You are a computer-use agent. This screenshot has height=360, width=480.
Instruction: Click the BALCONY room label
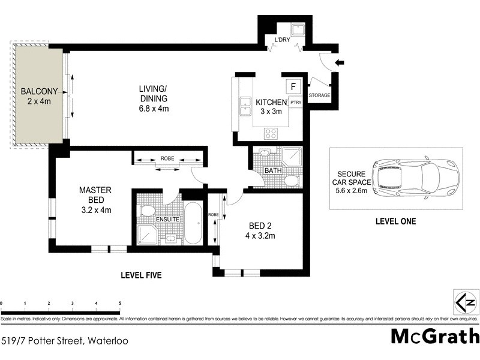point(39,92)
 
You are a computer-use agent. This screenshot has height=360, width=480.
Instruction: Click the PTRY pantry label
point(296,103)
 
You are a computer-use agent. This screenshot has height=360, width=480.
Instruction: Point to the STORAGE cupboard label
point(319,95)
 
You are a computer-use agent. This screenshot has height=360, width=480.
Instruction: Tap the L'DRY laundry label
point(282,40)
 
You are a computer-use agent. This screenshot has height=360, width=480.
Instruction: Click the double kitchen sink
point(245,107)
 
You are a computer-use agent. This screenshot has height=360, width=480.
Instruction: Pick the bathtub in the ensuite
point(193,223)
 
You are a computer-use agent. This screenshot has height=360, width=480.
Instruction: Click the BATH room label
point(273,171)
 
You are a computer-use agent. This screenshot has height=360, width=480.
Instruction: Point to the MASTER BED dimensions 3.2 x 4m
point(95,209)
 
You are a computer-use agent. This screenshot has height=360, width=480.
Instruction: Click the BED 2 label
point(261,226)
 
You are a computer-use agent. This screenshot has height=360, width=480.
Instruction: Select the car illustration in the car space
point(415,178)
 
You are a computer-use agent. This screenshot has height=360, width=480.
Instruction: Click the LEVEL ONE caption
point(395,221)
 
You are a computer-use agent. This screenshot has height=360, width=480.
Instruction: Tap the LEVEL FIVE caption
point(141,275)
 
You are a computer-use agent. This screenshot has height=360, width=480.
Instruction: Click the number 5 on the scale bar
point(120,304)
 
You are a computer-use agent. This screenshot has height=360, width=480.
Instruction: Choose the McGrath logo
point(435,336)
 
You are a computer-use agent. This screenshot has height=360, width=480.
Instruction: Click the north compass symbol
point(466,301)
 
